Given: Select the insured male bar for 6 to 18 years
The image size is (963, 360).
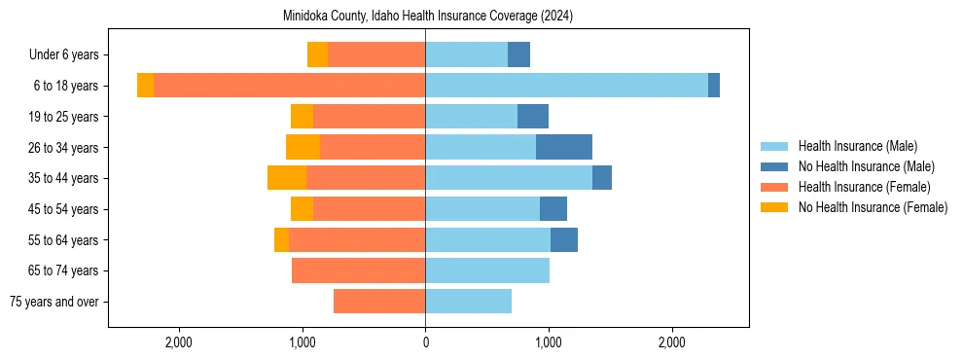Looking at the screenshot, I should [x=566, y=86].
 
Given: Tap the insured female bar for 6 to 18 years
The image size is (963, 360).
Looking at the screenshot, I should [x=289, y=86].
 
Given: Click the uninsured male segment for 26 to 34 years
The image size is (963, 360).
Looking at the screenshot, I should [x=563, y=147].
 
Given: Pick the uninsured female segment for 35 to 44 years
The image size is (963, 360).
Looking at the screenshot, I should [x=287, y=178].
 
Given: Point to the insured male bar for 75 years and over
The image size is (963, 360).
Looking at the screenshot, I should [x=468, y=302].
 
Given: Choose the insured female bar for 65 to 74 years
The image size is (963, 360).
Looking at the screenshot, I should [x=358, y=270].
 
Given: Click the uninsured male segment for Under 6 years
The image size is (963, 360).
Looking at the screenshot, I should [x=518, y=54].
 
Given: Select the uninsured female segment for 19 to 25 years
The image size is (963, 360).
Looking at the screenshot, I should [x=302, y=117].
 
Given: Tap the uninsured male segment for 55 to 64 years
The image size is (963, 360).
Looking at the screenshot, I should [x=563, y=239].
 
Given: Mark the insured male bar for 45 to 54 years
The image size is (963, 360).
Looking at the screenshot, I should [x=482, y=209].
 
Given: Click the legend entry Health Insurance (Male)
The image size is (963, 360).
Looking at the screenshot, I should [x=857, y=146].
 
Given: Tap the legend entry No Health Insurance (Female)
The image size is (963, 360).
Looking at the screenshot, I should [x=873, y=207].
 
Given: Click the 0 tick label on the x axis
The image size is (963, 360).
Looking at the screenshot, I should [x=425, y=342].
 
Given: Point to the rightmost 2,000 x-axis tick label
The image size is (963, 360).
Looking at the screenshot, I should [x=672, y=342].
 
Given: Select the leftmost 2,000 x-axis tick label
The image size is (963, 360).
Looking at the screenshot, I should [x=179, y=342].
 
